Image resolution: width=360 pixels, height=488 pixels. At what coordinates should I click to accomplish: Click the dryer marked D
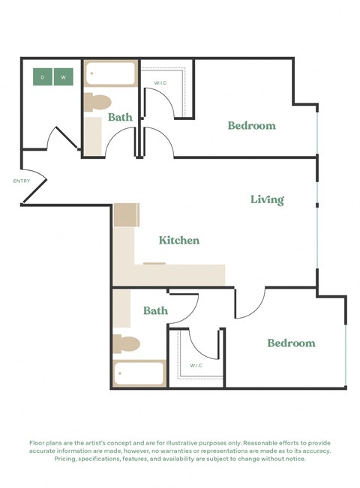pyautogui.click(x=43, y=76)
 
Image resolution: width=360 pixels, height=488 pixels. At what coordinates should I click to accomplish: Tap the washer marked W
pyautogui.click(x=64, y=76)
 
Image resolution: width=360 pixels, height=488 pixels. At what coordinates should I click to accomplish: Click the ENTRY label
pyautogui.click(x=21, y=181)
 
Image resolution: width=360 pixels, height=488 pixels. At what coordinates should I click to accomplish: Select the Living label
pyautogui.click(x=267, y=199)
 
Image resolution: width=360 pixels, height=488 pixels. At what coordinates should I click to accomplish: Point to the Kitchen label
pyautogui.click(x=179, y=241)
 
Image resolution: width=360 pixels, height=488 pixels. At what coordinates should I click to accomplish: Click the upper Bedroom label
pyautogui.click(x=251, y=126)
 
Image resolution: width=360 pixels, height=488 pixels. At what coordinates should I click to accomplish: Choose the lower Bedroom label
pyautogui.click(x=291, y=343)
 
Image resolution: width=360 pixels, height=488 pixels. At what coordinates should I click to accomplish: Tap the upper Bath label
pyautogui.click(x=120, y=118)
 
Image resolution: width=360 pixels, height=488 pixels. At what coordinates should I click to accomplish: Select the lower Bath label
pyautogui.click(x=155, y=310)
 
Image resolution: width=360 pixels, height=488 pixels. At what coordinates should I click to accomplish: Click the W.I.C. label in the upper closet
pyautogui.click(x=160, y=82)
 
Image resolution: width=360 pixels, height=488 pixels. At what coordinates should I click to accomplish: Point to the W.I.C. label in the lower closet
pyautogui.click(x=196, y=366)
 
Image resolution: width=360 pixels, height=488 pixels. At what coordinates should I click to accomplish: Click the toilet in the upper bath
pyautogui.click(x=97, y=102)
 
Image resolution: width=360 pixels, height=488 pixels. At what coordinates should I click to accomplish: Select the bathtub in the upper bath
pyautogui.click(x=110, y=73)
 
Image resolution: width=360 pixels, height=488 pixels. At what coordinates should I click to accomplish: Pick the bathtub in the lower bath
pyautogui.click(x=139, y=373)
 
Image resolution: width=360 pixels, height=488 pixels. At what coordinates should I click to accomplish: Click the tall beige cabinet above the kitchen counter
pyautogui.click(x=126, y=215)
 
